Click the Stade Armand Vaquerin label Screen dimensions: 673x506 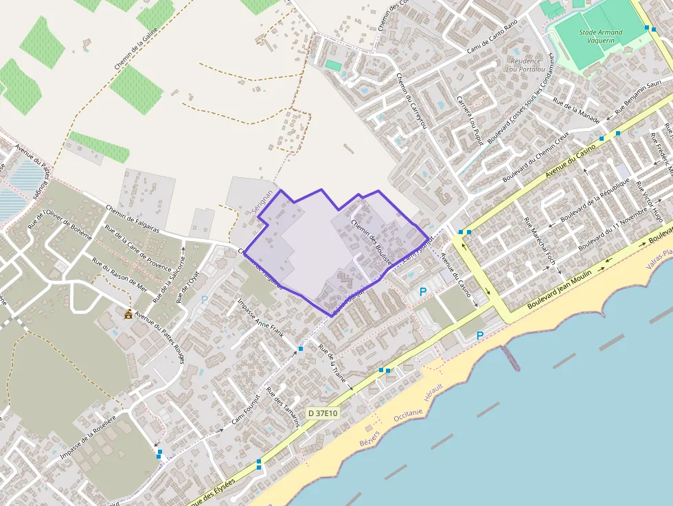click(600, 36)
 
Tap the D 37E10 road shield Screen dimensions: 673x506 click(323, 413)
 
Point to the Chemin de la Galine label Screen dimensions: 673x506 click(137, 50)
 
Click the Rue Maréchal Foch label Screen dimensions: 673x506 click(539, 241)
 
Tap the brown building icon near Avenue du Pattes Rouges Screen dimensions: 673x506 click(128, 314)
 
